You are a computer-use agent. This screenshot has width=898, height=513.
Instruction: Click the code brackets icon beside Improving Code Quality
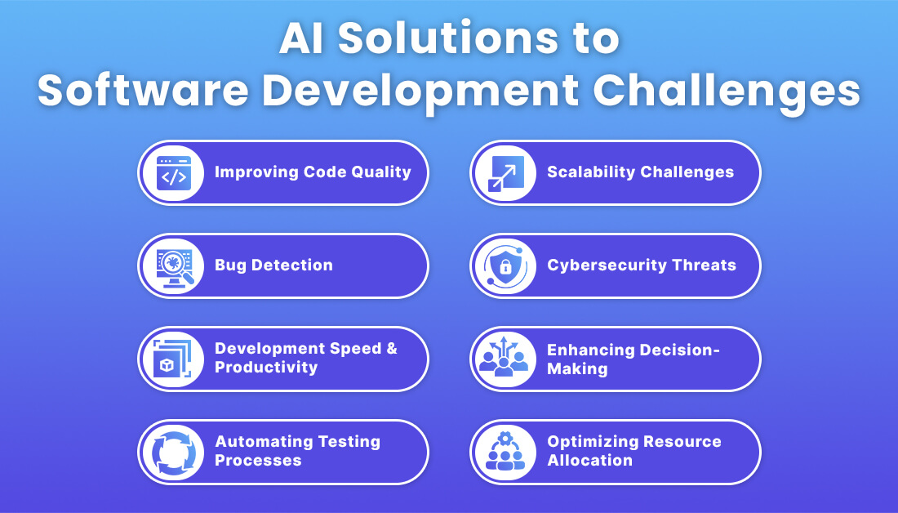pyautogui.click(x=172, y=172)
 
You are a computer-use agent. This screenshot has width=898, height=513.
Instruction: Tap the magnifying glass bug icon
pyautogui.click(x=172, y=265)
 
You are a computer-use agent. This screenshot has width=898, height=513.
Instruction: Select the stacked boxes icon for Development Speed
pyautogui.click(x=172, y=359)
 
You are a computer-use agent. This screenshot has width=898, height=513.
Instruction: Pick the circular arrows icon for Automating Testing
pyautogui.click(x=172, y=452)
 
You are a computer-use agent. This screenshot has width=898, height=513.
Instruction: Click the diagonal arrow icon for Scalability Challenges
pyautogui.click(x=505, y=172)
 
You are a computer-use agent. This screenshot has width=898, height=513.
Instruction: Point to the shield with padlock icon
pyautogui.click(x=505, y=265)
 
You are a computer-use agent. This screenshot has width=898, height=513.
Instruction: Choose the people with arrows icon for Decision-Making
pyautogui.click(x=505, y=359)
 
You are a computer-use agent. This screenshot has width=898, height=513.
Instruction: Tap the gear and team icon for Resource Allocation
pyautogui.click(x=505, y=452)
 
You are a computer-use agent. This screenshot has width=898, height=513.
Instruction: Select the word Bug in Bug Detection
pyautogui.click(x=229, y=265)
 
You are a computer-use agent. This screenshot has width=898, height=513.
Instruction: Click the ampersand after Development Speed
pyautogui.click(x=390, y=349)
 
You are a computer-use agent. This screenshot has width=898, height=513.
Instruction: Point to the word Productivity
pyautogui.click(x=266, y=368)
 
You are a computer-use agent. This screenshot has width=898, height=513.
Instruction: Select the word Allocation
pyautogui.click(x=589, y=461)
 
